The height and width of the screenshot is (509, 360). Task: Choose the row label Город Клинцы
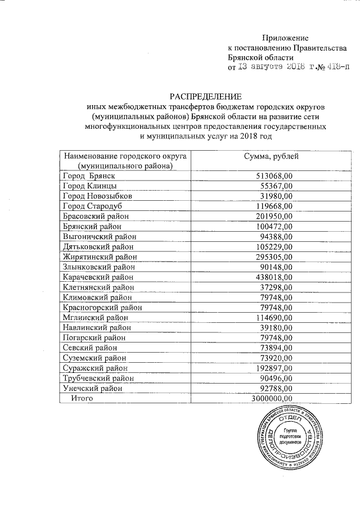[90, 186]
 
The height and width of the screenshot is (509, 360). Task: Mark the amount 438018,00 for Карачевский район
[273, 277]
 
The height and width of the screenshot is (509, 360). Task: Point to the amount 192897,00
[273, 368]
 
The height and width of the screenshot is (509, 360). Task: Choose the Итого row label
[82, 398]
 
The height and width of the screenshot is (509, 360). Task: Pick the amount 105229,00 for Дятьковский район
[273, 246]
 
